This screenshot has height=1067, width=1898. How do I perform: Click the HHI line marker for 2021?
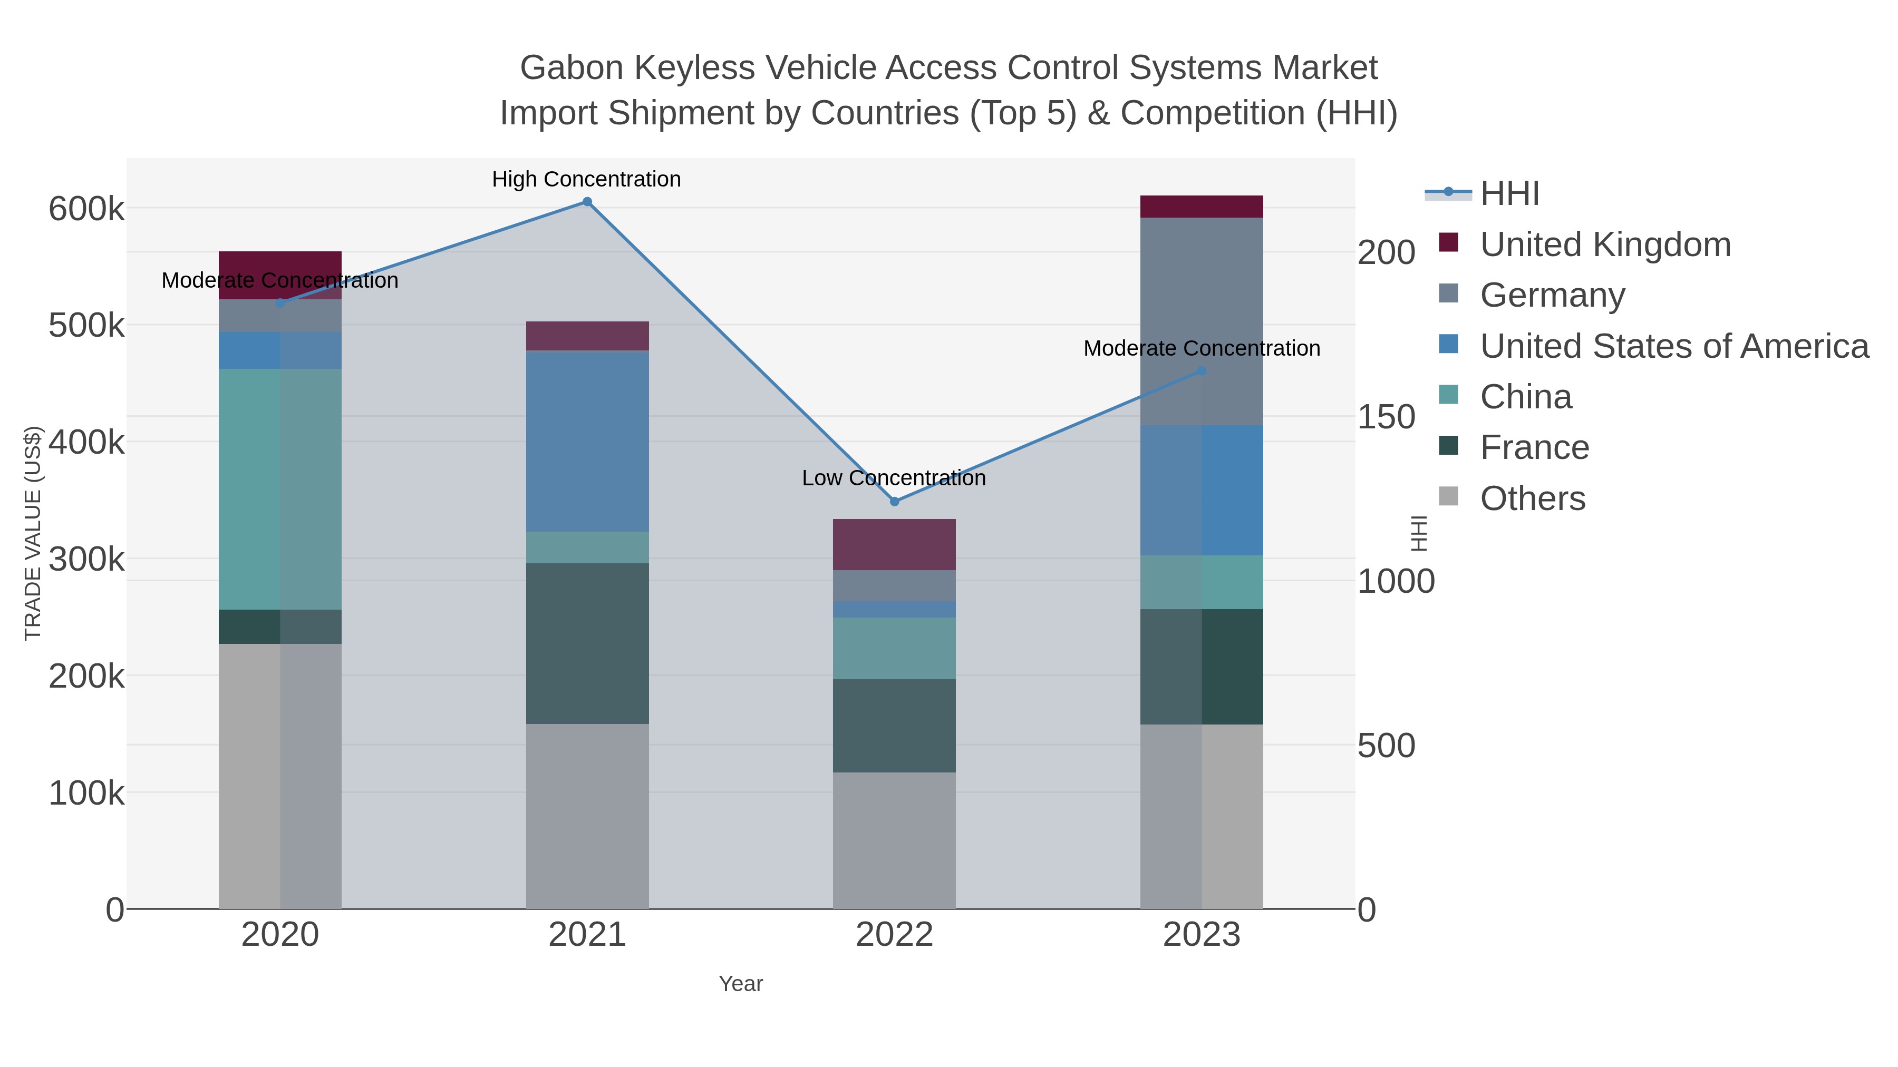[x=587, y=202]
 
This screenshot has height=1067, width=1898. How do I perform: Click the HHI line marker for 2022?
[x=895, y=502]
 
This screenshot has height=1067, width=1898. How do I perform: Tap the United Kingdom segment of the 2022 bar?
[x=895, y=544]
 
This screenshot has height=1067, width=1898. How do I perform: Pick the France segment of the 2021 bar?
[x=587, y=643]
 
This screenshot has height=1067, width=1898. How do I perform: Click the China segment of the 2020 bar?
[x=280, y=489]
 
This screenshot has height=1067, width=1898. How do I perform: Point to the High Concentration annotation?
[x=586, y=179]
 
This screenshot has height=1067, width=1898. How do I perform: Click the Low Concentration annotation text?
[x=894, y=478]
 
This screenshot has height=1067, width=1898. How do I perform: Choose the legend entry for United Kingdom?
[x=1605, y=244]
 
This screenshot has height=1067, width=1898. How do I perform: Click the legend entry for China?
[x=1525, y=397]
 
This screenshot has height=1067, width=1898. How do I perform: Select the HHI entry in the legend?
[x=1509, y=194]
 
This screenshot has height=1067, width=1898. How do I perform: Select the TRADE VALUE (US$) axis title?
[x=33, y=533]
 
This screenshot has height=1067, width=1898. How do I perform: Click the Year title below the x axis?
[x=741, y=984]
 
